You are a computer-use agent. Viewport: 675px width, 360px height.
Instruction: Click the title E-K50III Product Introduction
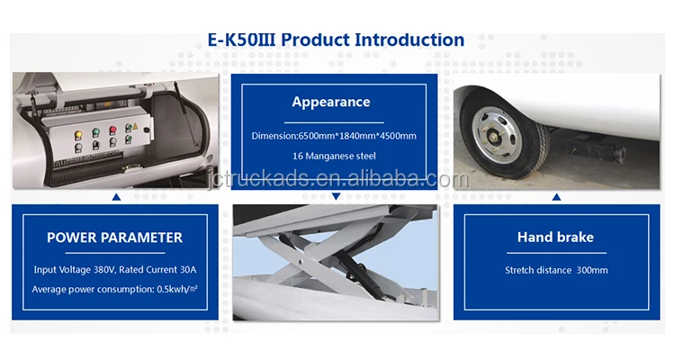(336, 40)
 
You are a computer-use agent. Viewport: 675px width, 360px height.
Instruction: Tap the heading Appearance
(331, 102)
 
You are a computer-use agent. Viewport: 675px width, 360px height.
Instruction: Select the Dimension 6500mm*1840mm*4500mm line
(334, 136)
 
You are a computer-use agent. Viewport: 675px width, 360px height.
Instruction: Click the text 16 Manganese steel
(334, 156)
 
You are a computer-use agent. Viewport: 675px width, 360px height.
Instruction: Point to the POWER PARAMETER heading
(115, 238)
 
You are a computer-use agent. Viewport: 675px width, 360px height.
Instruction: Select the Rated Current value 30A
(188, 270)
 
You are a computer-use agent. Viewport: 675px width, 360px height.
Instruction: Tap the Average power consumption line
(115, 290)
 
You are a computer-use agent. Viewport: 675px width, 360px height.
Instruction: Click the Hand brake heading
(556, 238)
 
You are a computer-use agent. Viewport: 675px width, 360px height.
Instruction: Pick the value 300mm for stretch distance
(592, 270)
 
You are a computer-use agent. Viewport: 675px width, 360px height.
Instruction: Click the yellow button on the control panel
(78, 135)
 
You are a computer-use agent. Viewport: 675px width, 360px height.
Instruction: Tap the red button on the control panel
(112, 130)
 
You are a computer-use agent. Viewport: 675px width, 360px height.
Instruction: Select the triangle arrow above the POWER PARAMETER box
(116, 197)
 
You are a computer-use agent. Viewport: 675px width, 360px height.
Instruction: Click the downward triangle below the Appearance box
(337, 196)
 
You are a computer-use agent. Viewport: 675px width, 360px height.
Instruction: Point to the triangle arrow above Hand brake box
(556, 197)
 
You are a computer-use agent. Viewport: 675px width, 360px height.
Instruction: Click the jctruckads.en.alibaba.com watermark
(337, 179)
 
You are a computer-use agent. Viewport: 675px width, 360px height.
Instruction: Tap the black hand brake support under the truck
(596, 148)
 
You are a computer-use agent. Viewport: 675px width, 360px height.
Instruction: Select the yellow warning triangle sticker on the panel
(135, 127)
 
